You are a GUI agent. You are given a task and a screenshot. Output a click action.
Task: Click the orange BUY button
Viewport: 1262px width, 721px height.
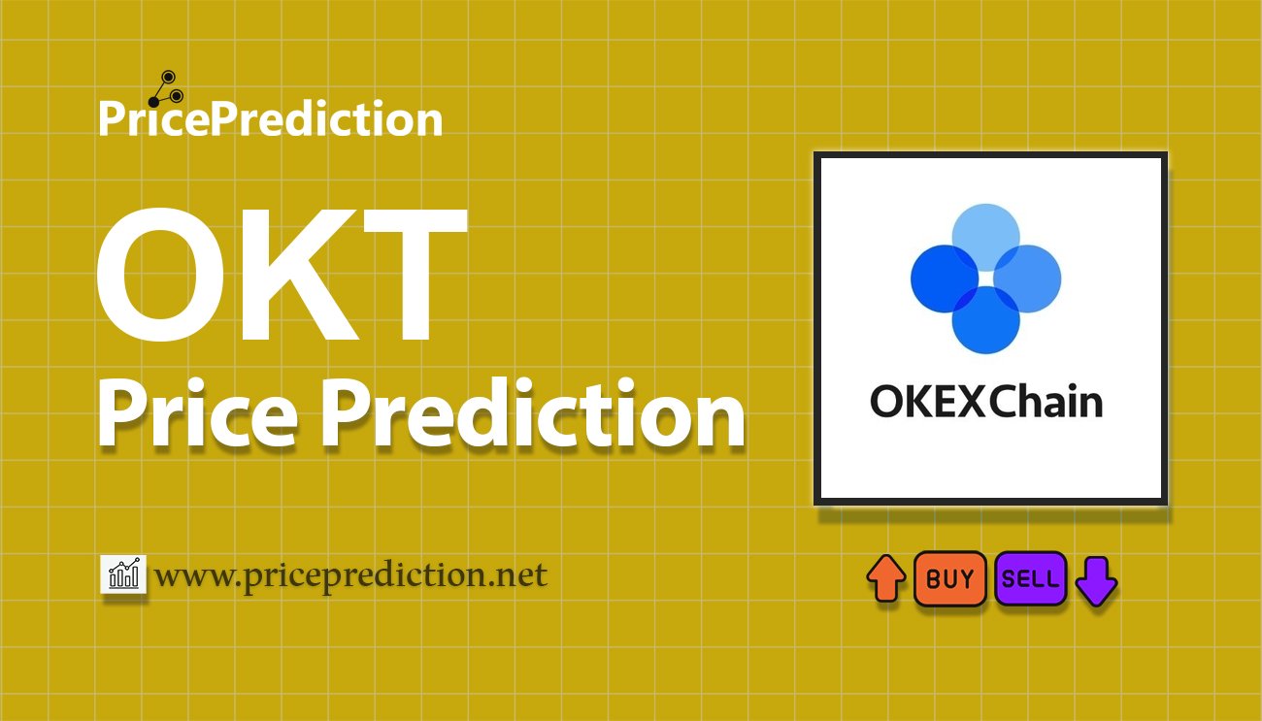coord(949,579)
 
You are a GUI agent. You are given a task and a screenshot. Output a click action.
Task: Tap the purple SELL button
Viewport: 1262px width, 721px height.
coord(1030,579)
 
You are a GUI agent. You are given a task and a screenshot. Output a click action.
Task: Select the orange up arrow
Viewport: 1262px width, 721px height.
coord(885,579)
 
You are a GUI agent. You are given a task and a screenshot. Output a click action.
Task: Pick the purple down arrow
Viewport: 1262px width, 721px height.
coord(1097,580)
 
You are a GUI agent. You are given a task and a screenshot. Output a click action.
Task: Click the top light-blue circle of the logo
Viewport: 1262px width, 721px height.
coord(985,233)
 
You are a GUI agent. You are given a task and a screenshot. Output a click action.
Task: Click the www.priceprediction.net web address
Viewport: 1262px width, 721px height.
coord(351,575)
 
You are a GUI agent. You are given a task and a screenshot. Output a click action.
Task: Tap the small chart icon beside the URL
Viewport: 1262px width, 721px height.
coord(123,574)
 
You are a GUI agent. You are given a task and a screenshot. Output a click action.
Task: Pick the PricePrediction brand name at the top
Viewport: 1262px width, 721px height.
coord(270,119)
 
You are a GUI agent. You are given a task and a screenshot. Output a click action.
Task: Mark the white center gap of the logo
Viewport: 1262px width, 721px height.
coord(985,279)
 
